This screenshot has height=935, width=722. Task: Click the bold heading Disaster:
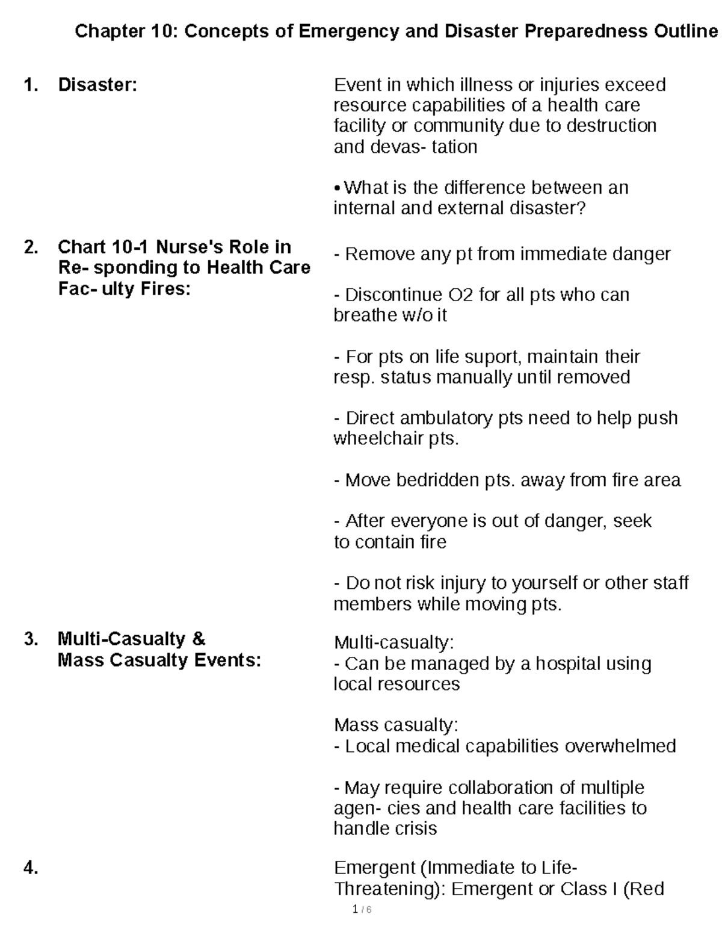97,85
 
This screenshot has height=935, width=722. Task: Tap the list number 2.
31,247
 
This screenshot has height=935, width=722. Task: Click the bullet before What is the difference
338,188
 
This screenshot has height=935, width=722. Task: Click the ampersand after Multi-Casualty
199,639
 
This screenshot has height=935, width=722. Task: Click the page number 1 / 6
362,909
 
